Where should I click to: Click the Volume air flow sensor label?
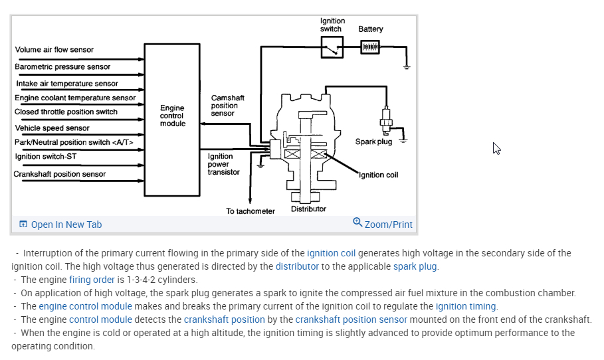coord(54,50)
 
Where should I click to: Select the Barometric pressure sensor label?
coord(62,67)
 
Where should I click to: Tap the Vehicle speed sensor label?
coord(52,128)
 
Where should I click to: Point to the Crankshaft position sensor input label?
coord(60,174)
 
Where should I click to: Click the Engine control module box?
coord(172,120)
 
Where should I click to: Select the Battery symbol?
coord(370,48)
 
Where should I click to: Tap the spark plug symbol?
coord(385,120)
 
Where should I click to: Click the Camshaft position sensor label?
coord(227,106)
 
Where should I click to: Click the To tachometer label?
coord(250,211)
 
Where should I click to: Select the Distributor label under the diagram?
coord(308,209)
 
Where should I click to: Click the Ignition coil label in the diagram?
coord(378,175)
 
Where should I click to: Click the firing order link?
coord(92,280)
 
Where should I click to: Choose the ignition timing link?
coord(466,306)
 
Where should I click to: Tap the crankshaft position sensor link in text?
coord(352,319)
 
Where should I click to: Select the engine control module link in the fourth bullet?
coord(85,306)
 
